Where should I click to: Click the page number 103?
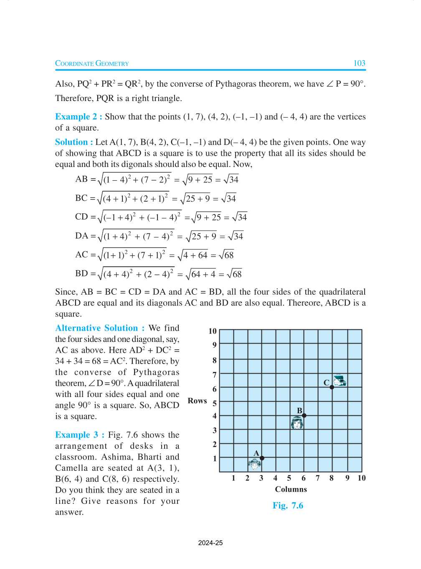(x=359, y=63)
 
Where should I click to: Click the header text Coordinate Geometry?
(x=92, y=64)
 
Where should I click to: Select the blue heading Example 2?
(x=79, y=117)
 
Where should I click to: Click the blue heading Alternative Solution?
(x=100, y=328)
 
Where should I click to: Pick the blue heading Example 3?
(x=79, y=435)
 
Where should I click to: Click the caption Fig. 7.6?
(x=288, y=506)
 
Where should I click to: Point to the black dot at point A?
(x=262, y=458)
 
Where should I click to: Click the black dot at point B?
(x=304, y=415)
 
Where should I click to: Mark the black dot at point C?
(x=332, y=387)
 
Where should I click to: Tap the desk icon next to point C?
(x=340, y=381)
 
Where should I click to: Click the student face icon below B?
(x=297, y=424)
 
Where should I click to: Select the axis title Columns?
(x=291, y=489)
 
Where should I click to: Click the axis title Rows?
(x=197, y=401)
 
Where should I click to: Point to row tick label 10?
(x=213, y=331)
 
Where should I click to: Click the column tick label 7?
(x=317, y=478)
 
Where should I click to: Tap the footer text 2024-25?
(x=210, y=543)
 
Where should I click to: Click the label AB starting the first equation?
(x=81, y=179)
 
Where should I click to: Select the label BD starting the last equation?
(x=81, y=273)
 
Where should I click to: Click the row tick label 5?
(x=215, y=403)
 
